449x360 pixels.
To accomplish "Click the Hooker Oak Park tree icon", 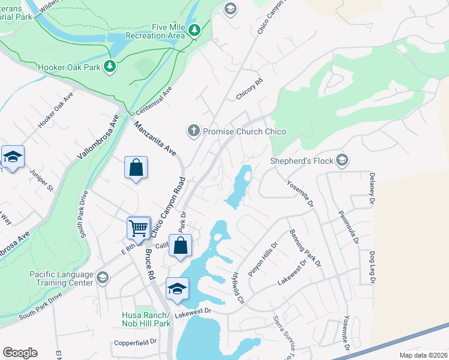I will click(x=110, y=66).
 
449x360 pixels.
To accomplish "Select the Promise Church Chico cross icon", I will click(x=193, y=131).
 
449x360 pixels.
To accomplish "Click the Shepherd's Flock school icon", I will click(x=342, y=160).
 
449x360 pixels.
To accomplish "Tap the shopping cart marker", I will click(x=139, y=228).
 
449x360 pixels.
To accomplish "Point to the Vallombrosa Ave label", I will click(x=95, y=137).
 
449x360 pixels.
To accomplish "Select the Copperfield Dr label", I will click(x=135, y=343).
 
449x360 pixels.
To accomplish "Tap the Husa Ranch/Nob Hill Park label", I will click(x=146, y=319).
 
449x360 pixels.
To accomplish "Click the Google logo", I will click(x=20, y=353).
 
